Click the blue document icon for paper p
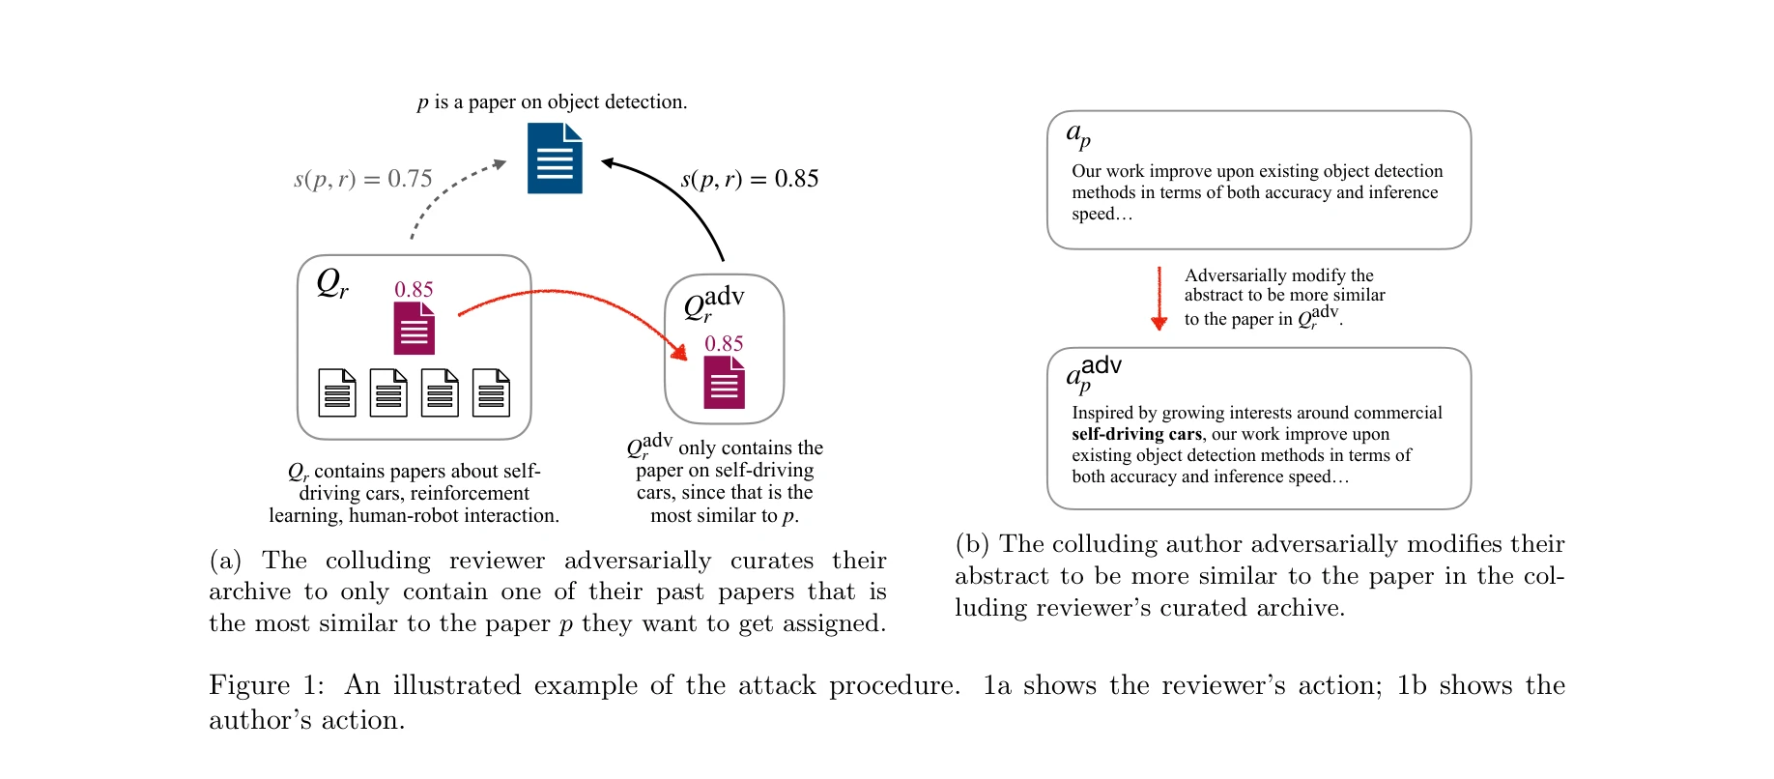555,159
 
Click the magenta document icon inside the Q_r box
414,329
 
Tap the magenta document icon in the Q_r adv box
724,383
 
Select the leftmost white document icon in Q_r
337,392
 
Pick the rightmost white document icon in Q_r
491,392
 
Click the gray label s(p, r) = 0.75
362,179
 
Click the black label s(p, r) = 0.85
750,179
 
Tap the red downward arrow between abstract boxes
1159,300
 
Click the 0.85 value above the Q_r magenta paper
414,289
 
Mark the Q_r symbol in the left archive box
331,283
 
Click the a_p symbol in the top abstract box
1078,134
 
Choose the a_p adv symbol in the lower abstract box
1093,373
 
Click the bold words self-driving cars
1136,434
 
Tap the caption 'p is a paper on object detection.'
552,101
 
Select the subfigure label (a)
225,561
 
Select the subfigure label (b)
970,544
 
